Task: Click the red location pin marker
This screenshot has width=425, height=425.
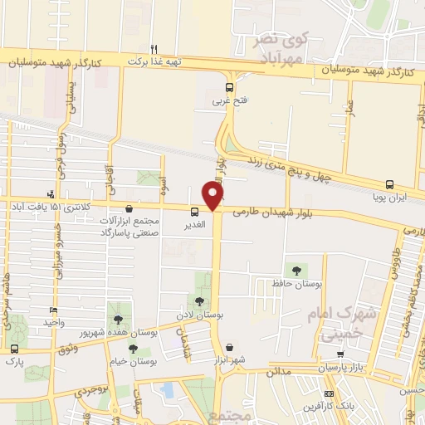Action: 213,196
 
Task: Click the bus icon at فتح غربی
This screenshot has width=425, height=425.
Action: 229,86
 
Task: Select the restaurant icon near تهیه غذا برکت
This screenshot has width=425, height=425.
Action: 154,48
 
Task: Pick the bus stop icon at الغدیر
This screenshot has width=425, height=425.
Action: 193,211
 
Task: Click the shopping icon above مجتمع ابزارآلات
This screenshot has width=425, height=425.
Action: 129,209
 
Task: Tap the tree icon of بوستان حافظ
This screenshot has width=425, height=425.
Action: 296,270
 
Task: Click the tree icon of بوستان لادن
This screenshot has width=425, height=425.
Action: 198,300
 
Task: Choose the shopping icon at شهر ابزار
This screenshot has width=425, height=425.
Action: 229,348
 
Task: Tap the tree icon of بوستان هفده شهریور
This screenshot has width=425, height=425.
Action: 121,319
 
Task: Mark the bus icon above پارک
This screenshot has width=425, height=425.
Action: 14,349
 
